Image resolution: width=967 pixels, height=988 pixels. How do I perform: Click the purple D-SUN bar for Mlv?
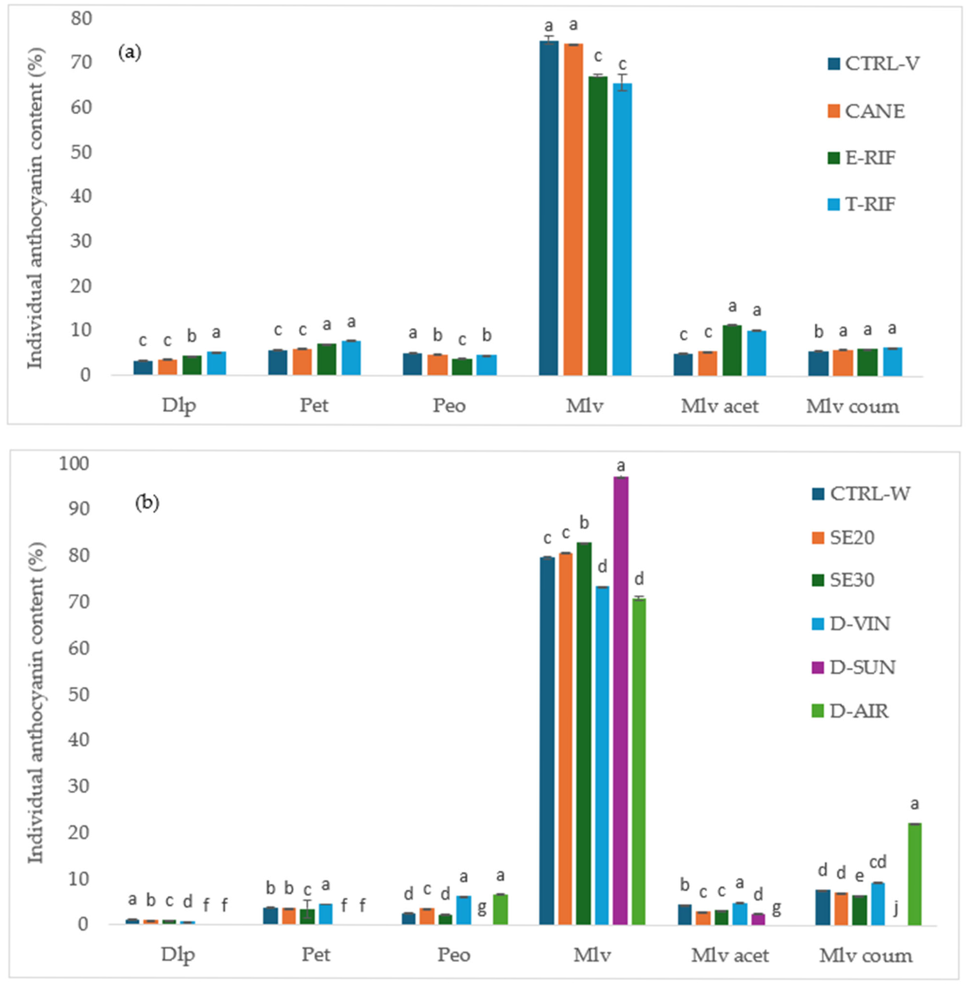[x=621, y=701]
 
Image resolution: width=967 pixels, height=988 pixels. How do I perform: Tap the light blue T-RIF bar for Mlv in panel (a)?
[x=622, y=228]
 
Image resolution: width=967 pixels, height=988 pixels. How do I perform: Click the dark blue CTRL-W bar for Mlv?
[x=547, y=741]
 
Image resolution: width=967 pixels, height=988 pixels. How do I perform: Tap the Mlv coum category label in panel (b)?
[x=865, y=956]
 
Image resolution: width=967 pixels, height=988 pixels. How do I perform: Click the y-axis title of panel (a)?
[x=36, y=208]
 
